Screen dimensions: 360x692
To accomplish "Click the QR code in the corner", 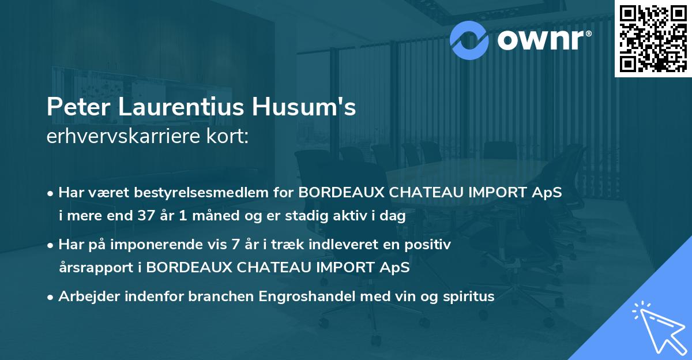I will pos(653,38).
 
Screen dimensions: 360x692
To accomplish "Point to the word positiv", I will pos(431,245).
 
